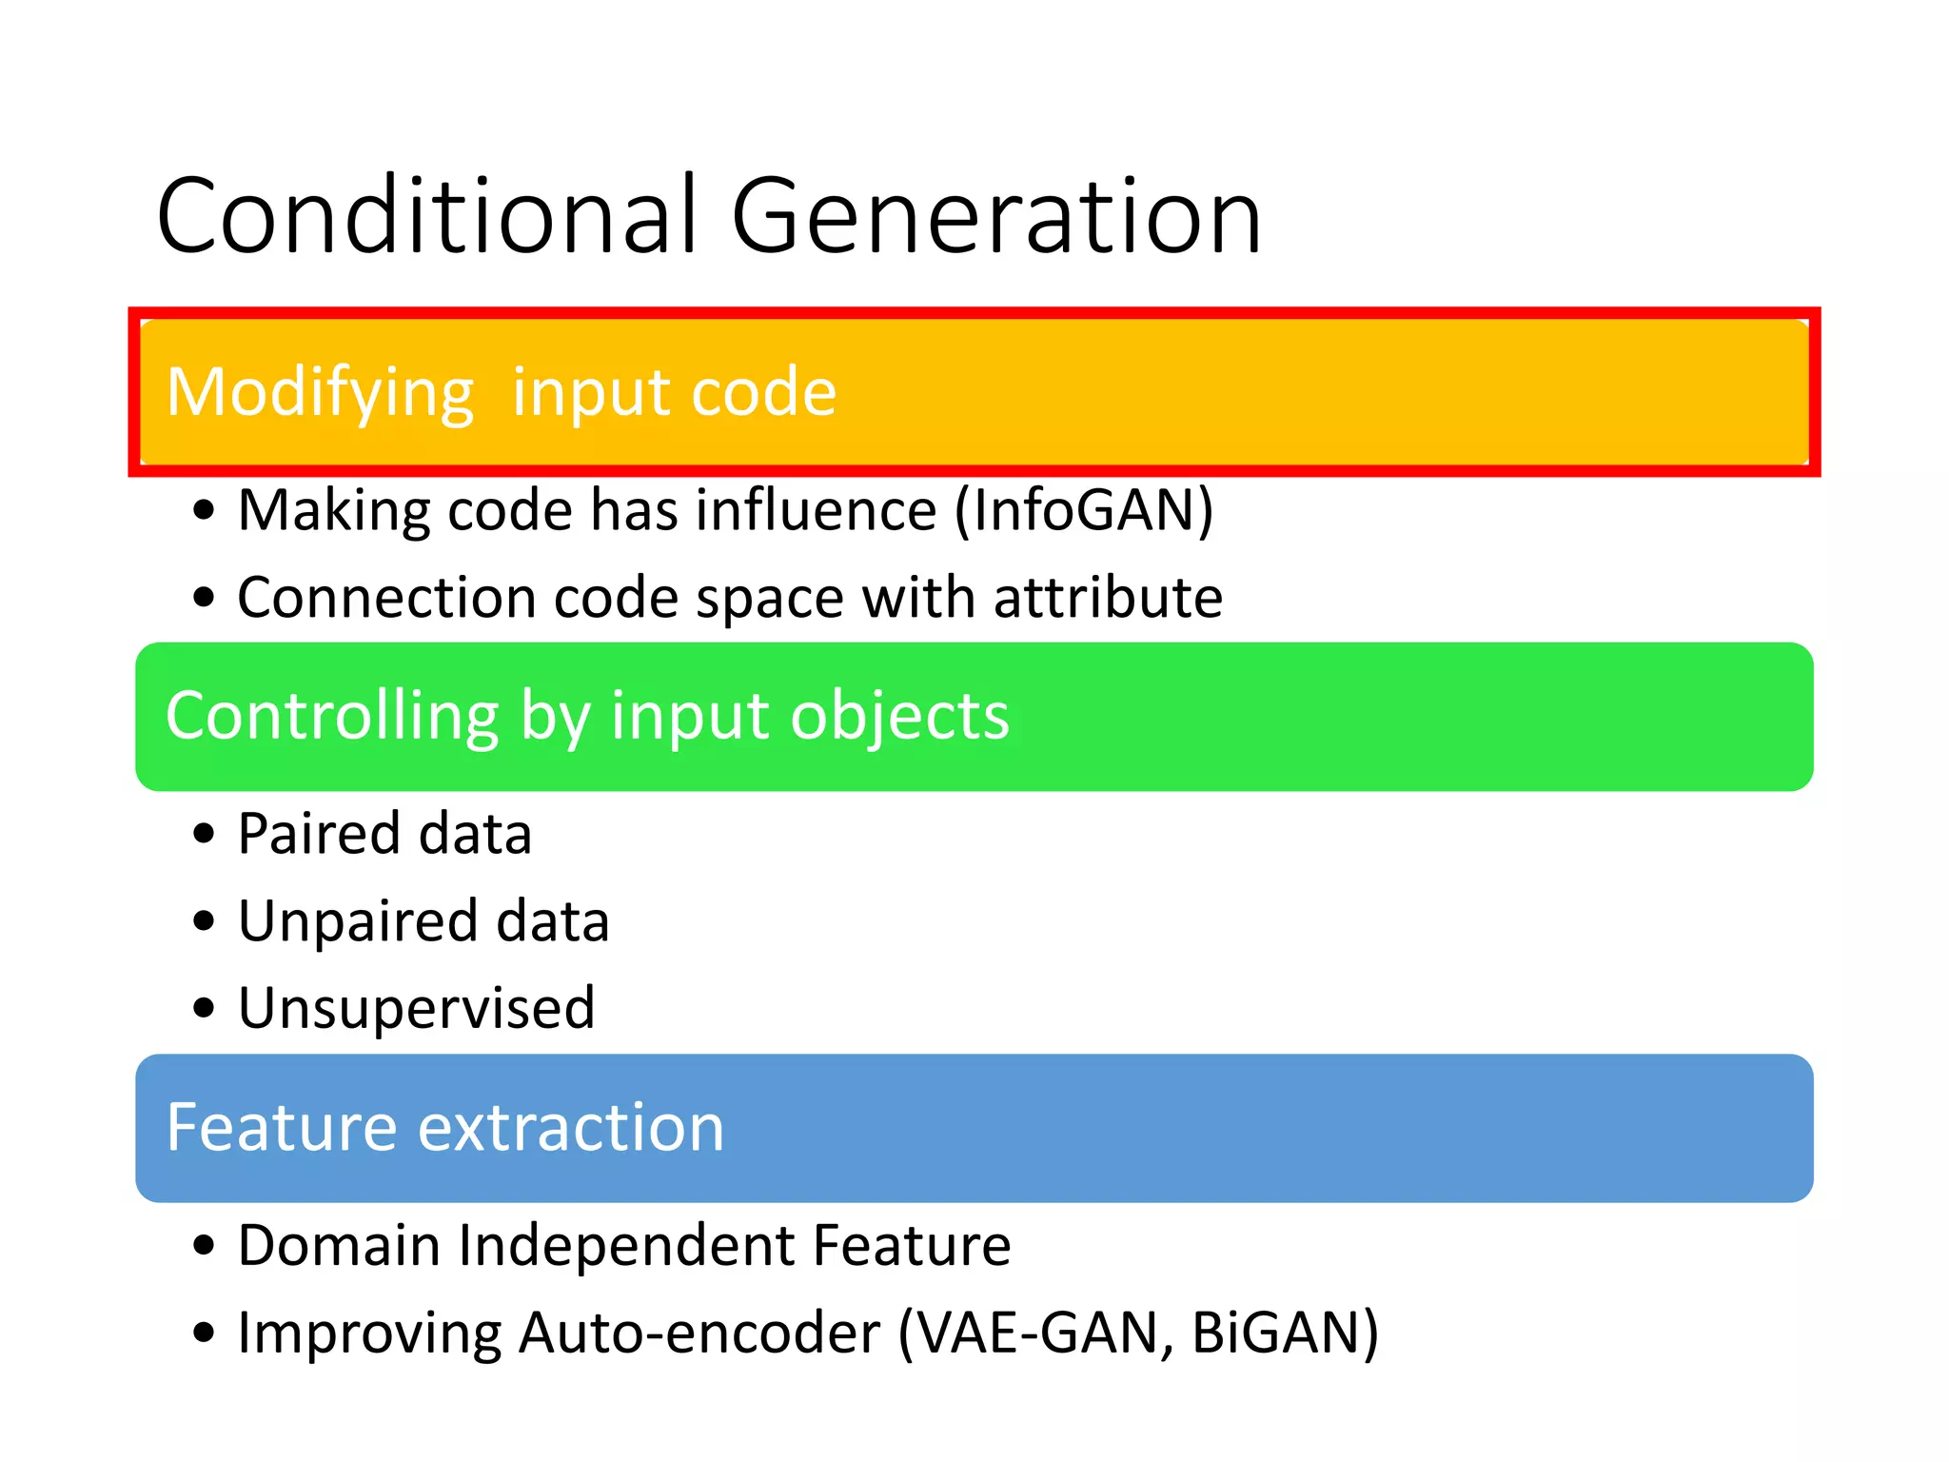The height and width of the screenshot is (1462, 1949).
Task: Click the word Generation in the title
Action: (x=995, y=217)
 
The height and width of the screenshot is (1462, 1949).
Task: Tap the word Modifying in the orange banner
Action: (x=320, y=392)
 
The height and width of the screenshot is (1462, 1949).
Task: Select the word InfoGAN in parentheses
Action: (x=1084, y=510)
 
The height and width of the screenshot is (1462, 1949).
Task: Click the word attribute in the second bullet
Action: (x=1108, y=598)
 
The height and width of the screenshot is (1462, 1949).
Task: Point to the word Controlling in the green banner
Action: (x=332, y=716)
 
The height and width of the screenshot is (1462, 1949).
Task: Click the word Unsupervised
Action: (x=416, y=1008)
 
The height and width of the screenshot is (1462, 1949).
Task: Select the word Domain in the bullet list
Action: (x=339, y=1245)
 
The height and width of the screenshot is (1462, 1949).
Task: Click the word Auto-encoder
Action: (x=699, y=1333)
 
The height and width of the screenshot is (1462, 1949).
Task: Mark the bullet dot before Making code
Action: (x=204, y=510)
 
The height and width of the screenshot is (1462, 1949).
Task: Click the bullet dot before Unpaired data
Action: (x=204, y=921)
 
